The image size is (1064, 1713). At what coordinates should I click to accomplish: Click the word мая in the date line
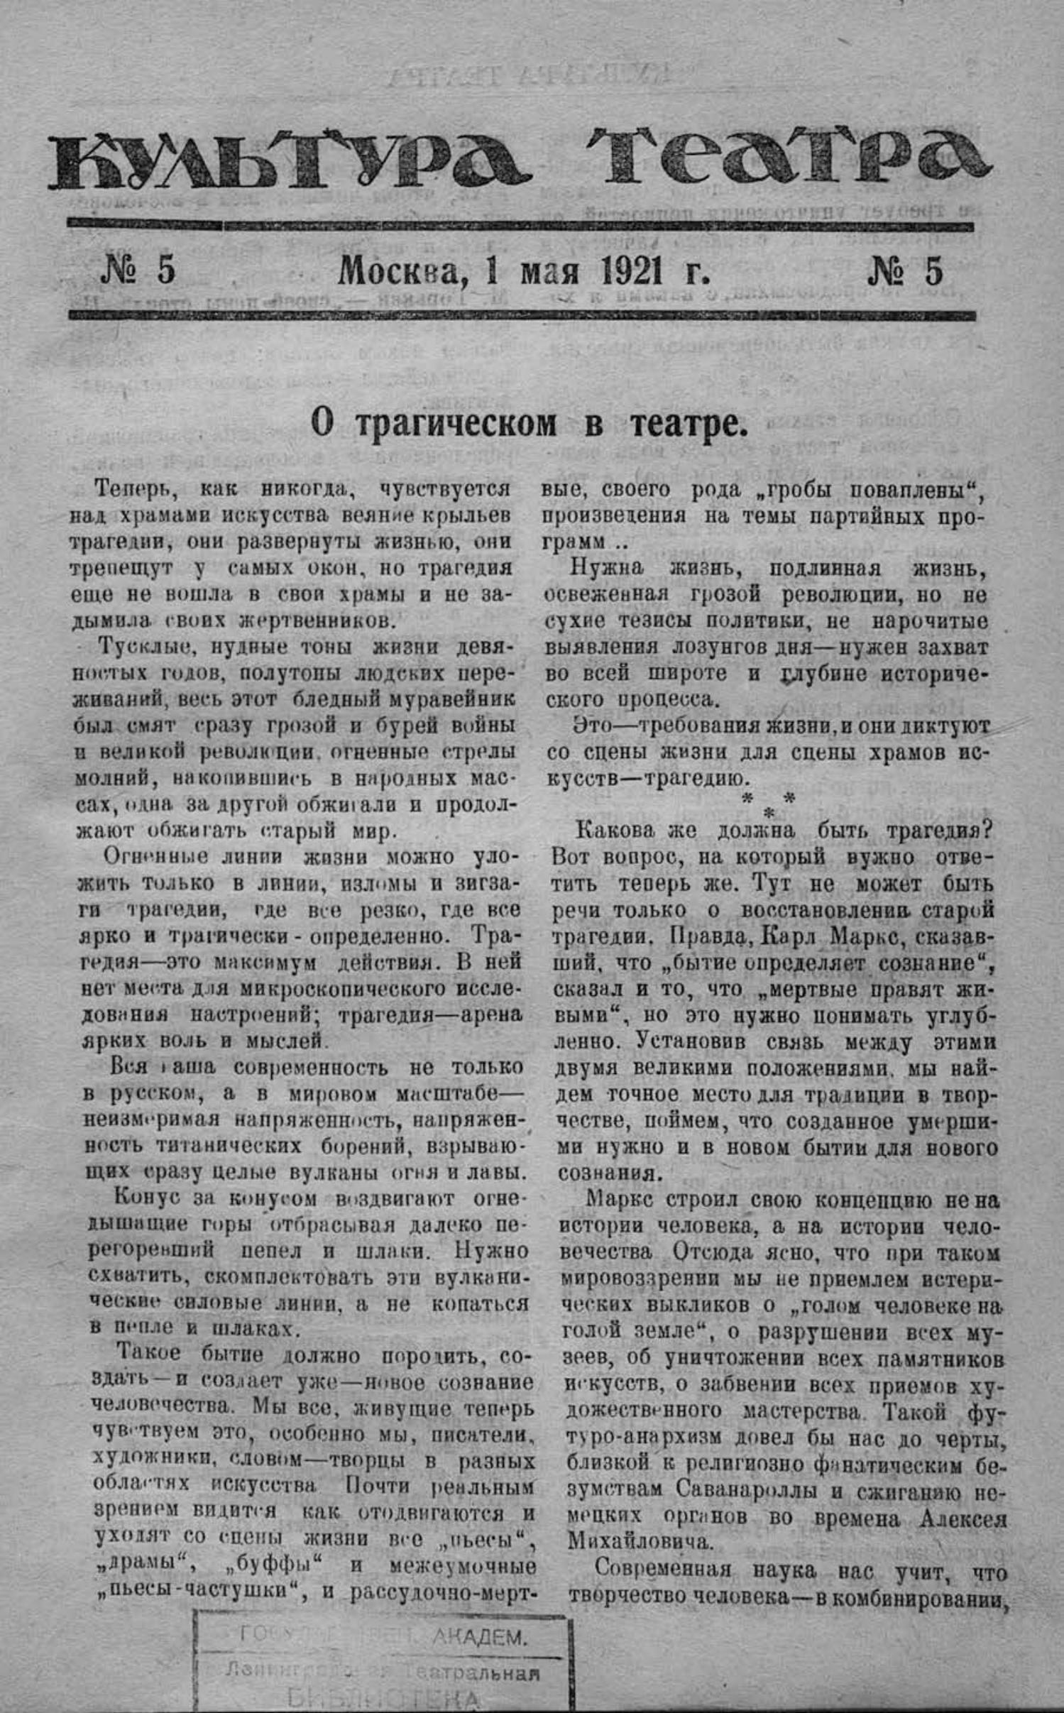pos(549,273)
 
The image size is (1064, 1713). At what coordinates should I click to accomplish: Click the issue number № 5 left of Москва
pos(138,271)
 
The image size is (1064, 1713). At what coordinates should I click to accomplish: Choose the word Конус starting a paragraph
pos(147,1196)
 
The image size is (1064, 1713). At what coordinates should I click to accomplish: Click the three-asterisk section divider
pos(768,804)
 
